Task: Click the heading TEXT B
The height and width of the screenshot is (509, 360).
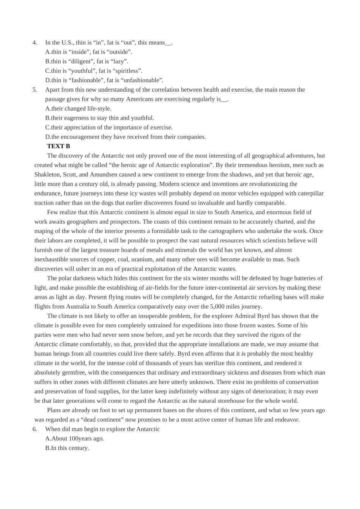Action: tap(58, 146)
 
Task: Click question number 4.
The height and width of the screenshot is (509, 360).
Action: tap(35, 42)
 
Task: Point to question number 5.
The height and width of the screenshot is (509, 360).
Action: tap(35, 90)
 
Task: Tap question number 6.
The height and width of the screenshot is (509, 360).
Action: tap(35, 429)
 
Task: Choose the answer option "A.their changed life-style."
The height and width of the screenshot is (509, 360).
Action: tap(78, 109)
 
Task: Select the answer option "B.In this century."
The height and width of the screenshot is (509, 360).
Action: tap(67, 448)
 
